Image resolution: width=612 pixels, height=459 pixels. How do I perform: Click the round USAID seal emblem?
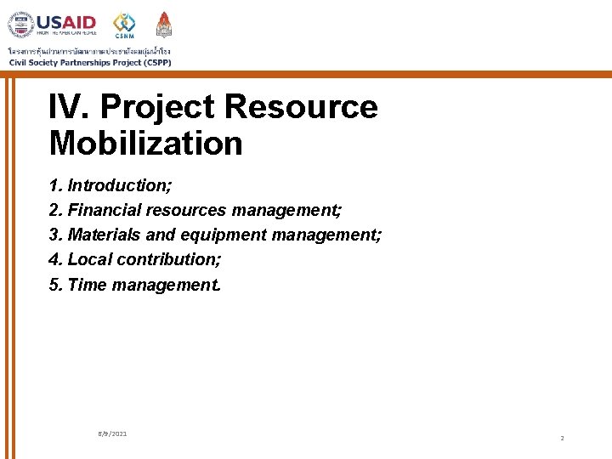(x=21, y=25)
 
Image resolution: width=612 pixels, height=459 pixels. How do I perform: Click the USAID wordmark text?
(x=66, y=22)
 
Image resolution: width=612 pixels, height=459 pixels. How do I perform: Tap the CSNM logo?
(x=124, y=24)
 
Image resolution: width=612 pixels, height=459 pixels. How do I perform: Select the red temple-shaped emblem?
(x=164, y=24)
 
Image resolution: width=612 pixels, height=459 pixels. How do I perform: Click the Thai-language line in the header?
(x=89, y=50)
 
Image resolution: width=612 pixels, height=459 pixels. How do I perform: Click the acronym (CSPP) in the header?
(x=154, y=62)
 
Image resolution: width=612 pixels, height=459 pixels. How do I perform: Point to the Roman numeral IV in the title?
(x=69, y=107)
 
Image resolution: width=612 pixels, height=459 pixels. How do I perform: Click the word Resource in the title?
(x=300, y=107)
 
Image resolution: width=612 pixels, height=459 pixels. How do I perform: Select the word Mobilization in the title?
(x=145, y=143)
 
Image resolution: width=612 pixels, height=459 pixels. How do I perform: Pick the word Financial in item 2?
(x=105, y=210)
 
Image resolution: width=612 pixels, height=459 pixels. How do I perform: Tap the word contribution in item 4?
(x=168, y=259)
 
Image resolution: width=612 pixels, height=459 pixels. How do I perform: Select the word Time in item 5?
(x=83, y=285)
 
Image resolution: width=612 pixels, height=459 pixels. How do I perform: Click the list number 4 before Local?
(x=54, y=259)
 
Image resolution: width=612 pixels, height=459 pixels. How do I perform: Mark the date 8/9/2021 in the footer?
(x=112, y=434)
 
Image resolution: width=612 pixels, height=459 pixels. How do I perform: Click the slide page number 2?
(x=562, y=438)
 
